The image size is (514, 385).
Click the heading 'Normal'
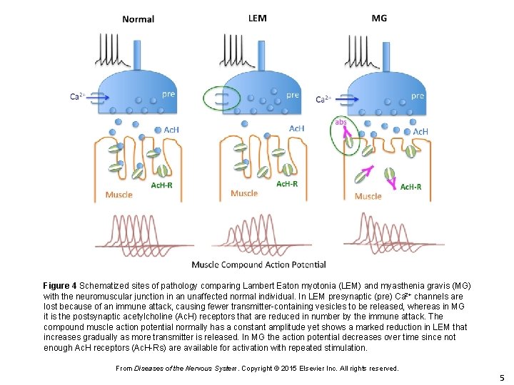click(x=138, y=19)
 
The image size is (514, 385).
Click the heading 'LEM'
click(x=257, y=18)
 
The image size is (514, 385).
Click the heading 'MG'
click(x=379, y=18)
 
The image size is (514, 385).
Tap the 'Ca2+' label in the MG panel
click(x=324, y=99)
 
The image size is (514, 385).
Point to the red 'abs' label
click(x=341, y=121)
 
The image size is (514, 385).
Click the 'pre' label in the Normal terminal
click(x=168, y=93)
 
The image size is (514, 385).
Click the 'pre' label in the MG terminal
click(x=418, y=95)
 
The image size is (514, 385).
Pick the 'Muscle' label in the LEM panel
click(x=244, y=193)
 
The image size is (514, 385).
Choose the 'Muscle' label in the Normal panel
click(x=119, y=195)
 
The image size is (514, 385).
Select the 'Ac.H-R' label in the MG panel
click(x=410, y=187)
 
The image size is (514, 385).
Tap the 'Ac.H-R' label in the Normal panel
click(x=162, y=185)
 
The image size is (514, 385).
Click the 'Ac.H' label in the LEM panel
click(x=296, y=128)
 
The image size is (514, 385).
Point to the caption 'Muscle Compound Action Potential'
click(x=258, y=265)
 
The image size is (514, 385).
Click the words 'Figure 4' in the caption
click(x=64, y=286)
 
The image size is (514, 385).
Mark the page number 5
click(x=502, y=378)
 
